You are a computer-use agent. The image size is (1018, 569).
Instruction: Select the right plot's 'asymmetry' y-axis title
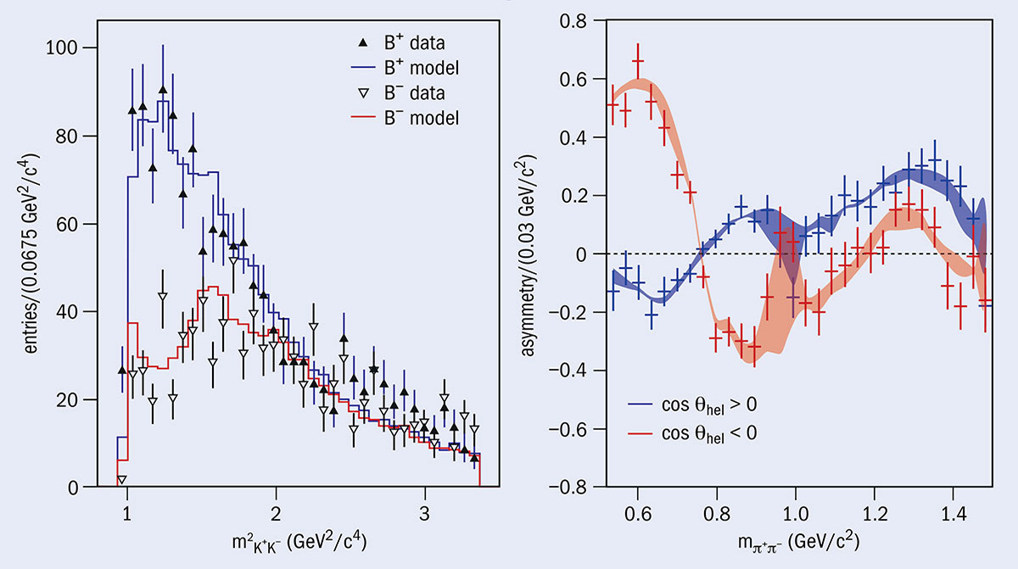tap(531, 254)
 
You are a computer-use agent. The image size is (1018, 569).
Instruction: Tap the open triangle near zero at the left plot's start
tap(123, 480)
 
